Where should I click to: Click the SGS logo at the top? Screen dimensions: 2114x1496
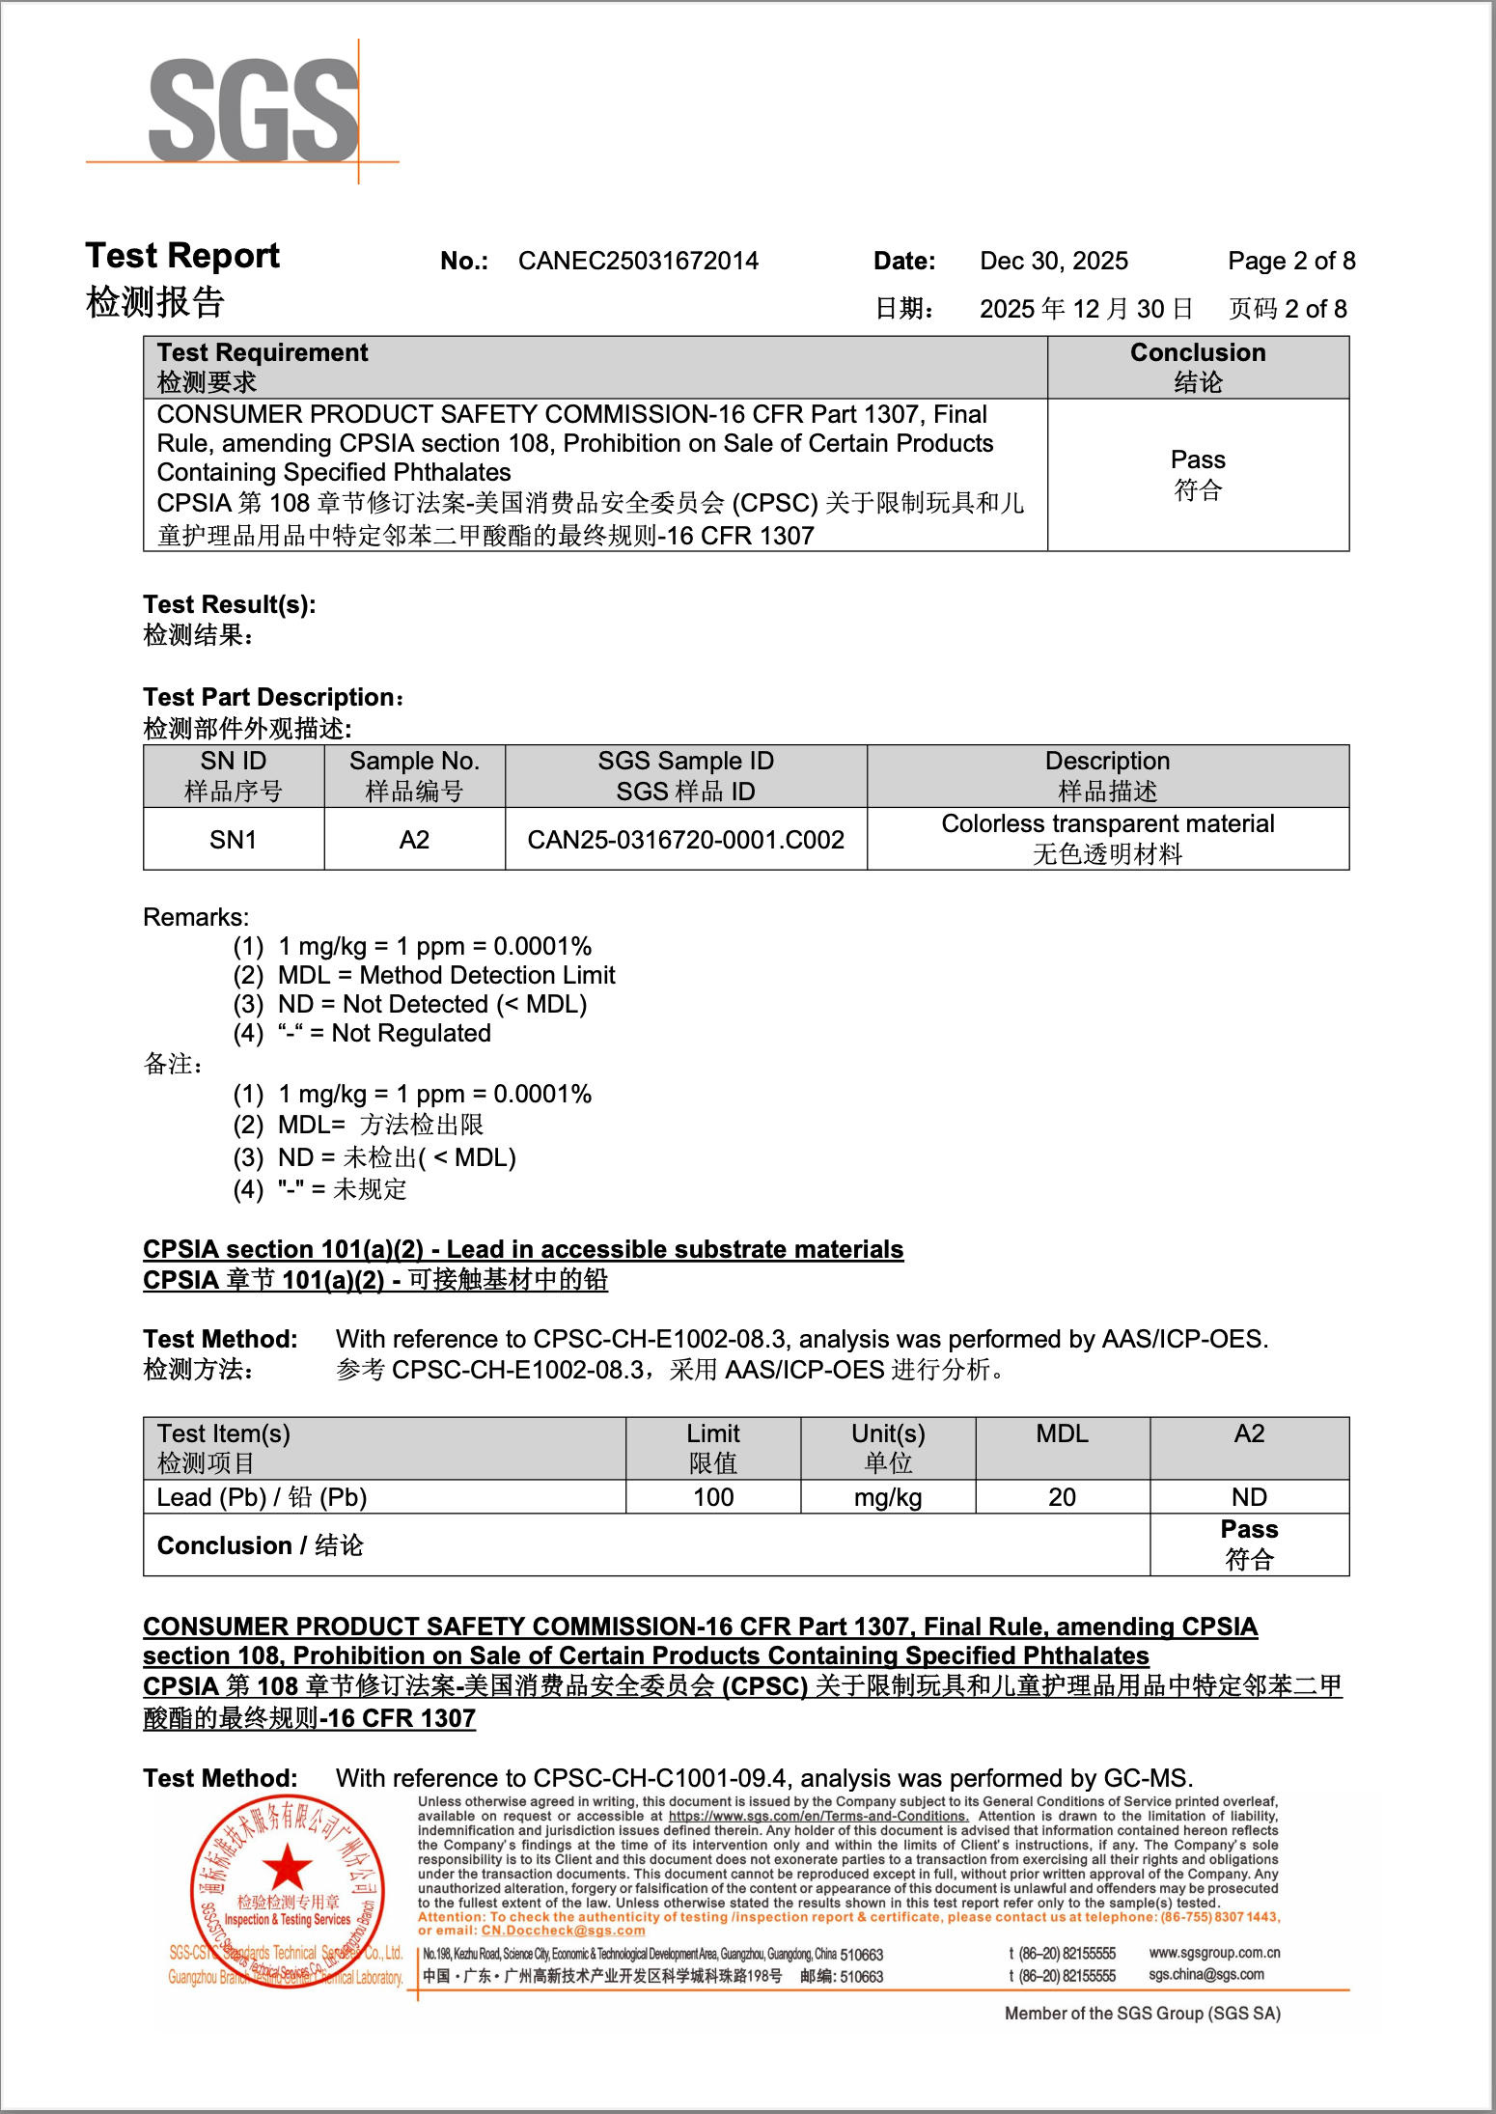pos(253,110)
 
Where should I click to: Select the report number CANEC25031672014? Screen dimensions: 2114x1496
pos(638,261)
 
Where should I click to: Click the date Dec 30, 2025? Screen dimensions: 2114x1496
pos(1053,261)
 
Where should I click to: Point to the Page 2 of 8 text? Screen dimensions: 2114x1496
pos(1290,261)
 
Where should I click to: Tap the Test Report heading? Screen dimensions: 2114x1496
pos(182,256)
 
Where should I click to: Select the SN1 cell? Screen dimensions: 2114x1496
pos(234,839)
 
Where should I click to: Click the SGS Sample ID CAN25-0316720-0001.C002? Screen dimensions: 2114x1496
pos(685,839)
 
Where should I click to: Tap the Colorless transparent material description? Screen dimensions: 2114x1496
pos(1107,823)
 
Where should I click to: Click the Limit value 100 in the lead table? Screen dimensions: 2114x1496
pos(713,1497)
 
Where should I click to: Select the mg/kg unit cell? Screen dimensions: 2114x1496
pos(887,1497)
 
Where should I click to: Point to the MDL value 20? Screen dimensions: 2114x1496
pos(1062,1497)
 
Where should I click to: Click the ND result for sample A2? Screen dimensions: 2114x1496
pos(1249,1497)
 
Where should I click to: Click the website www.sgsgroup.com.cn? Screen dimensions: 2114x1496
pos(1214,1952)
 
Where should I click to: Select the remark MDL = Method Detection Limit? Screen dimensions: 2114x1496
pos(446,975)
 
